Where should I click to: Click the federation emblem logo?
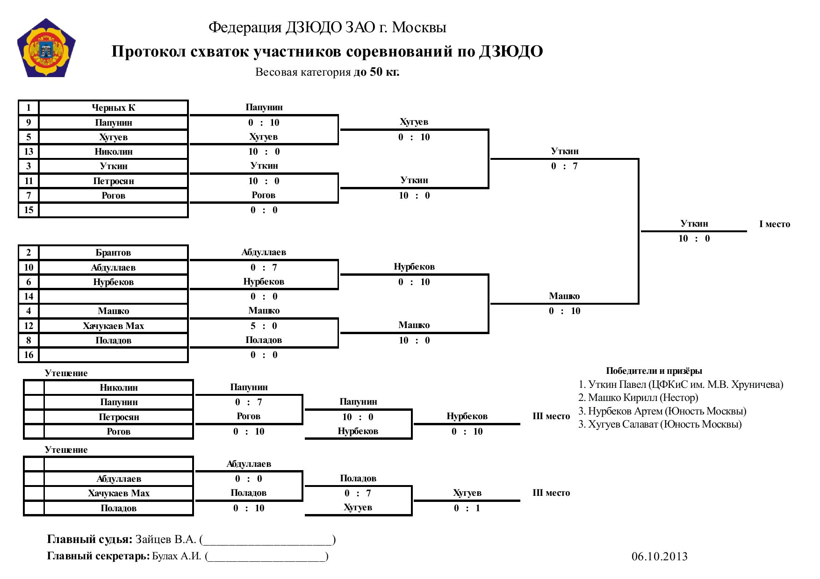(x=46, y=48)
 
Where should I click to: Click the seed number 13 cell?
(x=29, y=151)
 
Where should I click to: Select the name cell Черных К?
(x=114, y=107)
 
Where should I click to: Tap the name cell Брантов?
(x=114, y=252)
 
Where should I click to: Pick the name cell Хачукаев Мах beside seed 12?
(x=114, y=326)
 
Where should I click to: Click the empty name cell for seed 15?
(x=114, y=210)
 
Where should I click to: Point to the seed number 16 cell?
(x=29, y=355)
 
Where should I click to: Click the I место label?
(x=775, y=224)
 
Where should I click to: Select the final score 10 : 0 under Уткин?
(x=694, y=238)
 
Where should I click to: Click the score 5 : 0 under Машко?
(x=264, y=326)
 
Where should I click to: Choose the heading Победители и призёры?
(x=654, y=371)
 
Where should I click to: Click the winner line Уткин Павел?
(x=681, y=385)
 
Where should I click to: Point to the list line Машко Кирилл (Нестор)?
(x=638, y=398)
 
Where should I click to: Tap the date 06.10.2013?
(x=660, y=556)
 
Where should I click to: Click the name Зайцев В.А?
(x=165, y=539)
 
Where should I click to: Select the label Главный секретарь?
(x=98, y=556)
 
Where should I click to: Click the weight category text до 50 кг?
(x=376, y=72)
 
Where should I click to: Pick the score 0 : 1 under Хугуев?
(x=467, y=508)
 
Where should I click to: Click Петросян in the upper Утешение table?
(x=119, y=417)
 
